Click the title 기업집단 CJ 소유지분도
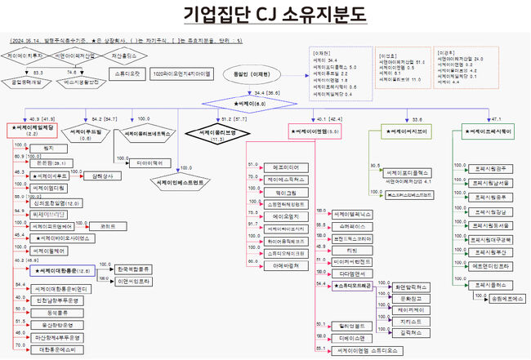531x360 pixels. (x=265, y=16)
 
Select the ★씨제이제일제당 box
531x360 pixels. (x=33, y=130)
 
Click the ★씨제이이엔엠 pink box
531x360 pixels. (x=315, y=130)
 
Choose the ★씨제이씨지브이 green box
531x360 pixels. (x=407, y=130)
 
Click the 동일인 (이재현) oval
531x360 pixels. (x=254, y=73)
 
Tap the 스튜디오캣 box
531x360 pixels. (x=126, y=73)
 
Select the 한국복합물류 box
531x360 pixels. (x=132, y=269)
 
